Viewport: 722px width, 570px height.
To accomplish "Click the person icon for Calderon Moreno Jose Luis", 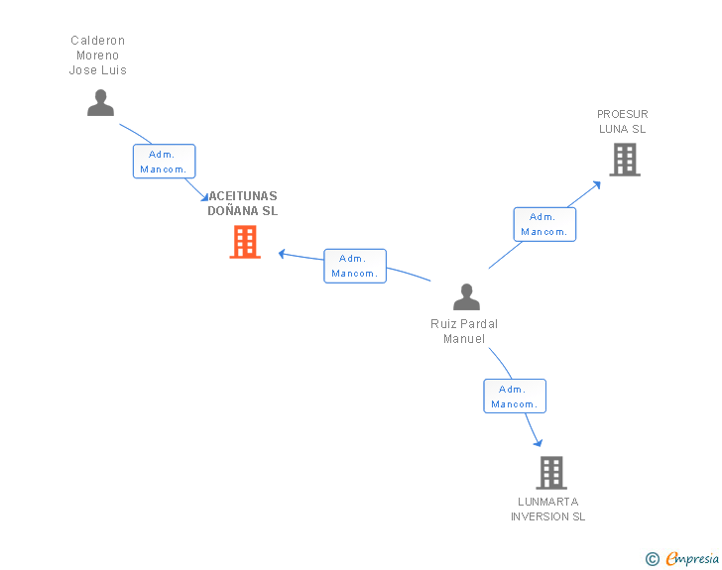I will click(x=100, y=102).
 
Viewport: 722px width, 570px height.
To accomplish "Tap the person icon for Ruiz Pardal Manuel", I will click(x=466, y=296).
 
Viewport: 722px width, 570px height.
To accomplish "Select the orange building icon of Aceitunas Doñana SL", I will click(x=245, y=242).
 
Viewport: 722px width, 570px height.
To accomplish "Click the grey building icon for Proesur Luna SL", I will click(x=624, y=159).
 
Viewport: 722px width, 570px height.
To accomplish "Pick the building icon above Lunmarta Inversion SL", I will click(x=551, y=473).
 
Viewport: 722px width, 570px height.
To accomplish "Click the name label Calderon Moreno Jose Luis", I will click(x=98, y=56).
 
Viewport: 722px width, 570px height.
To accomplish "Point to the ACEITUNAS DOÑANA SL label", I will click(x=243, y=203).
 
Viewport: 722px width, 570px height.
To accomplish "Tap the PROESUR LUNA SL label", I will click(x=623, y=121).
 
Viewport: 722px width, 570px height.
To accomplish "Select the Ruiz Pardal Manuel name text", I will click(x=464, y=331).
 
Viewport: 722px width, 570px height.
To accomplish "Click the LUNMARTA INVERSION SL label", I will click(x=547, y=509).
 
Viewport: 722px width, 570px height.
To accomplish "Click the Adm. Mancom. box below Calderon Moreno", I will click(x=164, y=162).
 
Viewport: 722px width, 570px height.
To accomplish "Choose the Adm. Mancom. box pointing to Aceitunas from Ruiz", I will click(x=354, y=266).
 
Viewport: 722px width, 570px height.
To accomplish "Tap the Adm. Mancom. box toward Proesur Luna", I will click(x=543, y=224).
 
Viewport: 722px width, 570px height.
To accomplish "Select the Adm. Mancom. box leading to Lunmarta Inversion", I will click(x=514, y=397).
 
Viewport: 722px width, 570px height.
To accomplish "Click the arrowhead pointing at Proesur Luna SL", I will click(x=597, y=182).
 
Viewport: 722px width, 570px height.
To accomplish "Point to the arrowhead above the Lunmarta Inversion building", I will click(x=539, y=442).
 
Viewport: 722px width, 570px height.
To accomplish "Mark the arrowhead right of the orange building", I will click(x=282, y=253).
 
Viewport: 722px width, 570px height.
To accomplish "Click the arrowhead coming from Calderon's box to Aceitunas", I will click(x=204, y=195).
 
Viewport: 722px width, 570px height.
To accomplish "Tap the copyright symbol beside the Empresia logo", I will click(x=653, y=559).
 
